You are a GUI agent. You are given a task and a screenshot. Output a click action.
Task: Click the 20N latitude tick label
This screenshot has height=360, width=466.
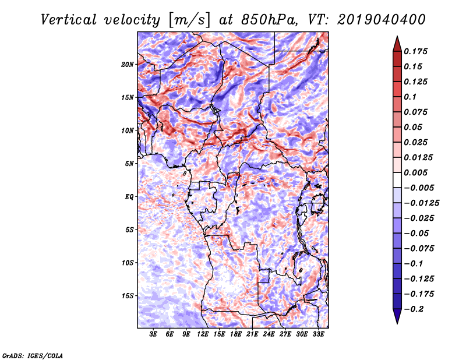[x=128, y=64]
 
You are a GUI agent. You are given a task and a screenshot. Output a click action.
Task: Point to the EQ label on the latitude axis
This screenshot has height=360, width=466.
[x=129, y=196]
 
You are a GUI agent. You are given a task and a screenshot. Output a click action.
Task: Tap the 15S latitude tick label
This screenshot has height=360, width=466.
[x=128, y=295]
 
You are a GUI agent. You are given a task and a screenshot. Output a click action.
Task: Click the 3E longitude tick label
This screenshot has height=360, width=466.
[x=154, y=335]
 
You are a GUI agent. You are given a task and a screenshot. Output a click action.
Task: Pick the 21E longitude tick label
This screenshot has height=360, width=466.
[x=253, y=335]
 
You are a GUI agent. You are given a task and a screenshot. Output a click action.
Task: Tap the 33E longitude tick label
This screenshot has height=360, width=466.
[x=319, y=335]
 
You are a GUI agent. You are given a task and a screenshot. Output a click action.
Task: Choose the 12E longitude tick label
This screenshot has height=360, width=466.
[x=203, y=335]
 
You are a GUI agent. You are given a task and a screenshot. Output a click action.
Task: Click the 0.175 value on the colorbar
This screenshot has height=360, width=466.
[x=416, y=51]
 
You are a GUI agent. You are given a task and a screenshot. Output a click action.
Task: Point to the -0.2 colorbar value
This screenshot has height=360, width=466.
[x=415, y=309]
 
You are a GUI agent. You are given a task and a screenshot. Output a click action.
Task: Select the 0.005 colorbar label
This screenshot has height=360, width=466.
[x=416, y=172]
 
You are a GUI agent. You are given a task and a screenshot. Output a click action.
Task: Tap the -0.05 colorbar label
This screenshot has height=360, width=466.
[x=416, y=233]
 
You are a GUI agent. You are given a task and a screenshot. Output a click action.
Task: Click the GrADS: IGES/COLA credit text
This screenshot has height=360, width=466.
[x=32, y=355]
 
